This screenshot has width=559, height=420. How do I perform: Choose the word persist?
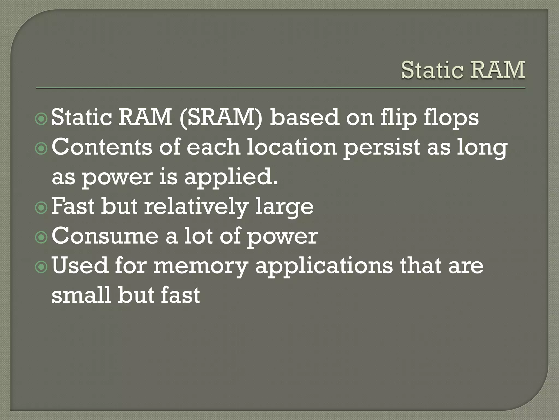(381, 148)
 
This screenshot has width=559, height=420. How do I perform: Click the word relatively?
(196, 207)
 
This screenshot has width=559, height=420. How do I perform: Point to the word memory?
(200, 266)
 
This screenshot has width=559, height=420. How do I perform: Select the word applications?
(324, 266)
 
